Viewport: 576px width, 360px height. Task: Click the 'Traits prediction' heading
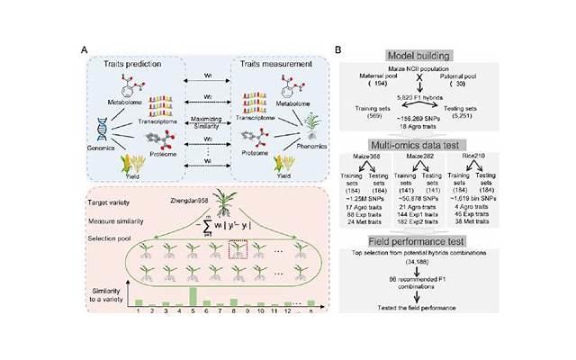click(139, 66)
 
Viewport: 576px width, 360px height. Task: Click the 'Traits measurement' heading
click(270, 66)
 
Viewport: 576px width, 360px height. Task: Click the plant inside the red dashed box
click(237, 261)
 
